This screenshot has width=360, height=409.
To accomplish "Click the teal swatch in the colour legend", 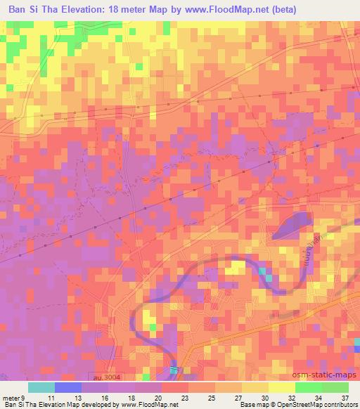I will pyautogui.click(x=41, y=387).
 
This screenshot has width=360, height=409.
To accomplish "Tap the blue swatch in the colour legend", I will pyautogui.click(x=68, y=387).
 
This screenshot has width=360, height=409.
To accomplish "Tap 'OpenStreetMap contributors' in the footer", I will pyautogui.click(x=317, y=405).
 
